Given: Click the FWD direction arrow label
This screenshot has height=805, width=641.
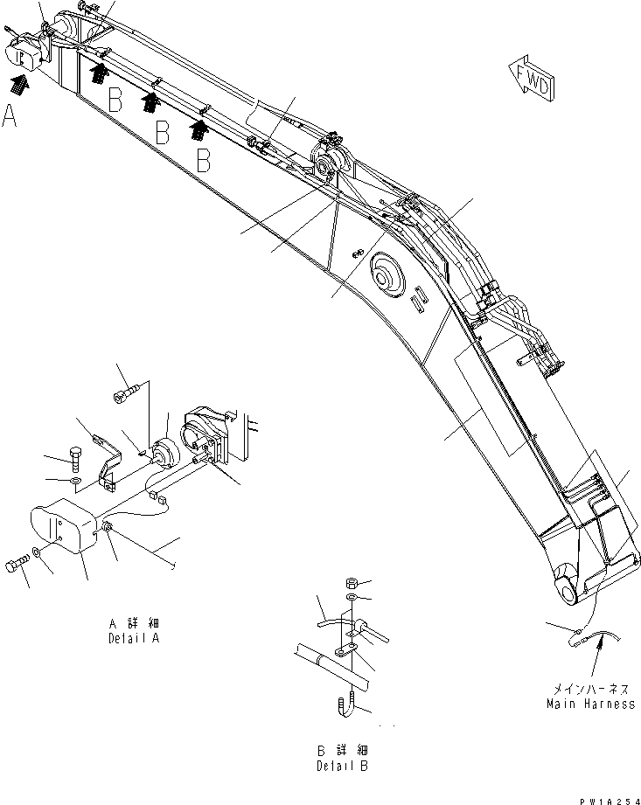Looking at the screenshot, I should pyautogui.click(x=532, y=80).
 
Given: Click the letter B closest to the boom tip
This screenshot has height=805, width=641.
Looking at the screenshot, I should pyautogui.click(x=115, y=100).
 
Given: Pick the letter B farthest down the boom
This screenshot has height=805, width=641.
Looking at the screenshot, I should pyautogui.click(x=203, y=160).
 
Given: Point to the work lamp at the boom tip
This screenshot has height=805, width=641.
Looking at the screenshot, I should pyautogui.click(x=27, y=52).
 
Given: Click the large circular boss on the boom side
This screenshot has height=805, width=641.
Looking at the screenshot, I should pyautogui.click(x=386, y=274).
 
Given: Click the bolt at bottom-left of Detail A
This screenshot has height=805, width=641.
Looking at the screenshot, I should pyautogui.click(x=17, y=566).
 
